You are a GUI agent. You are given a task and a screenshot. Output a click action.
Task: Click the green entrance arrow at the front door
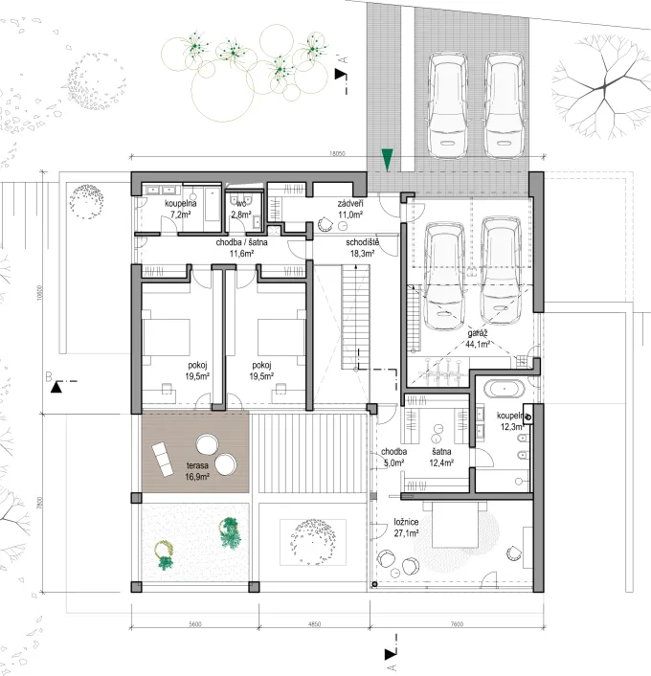387,159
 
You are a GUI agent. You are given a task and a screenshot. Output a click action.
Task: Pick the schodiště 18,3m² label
364,249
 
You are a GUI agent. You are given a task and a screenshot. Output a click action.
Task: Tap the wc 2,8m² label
240,211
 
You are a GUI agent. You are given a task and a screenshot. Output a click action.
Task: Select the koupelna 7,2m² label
180,211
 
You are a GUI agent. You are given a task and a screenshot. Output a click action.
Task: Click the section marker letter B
47,377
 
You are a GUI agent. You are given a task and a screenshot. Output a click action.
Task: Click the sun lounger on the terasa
164,452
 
